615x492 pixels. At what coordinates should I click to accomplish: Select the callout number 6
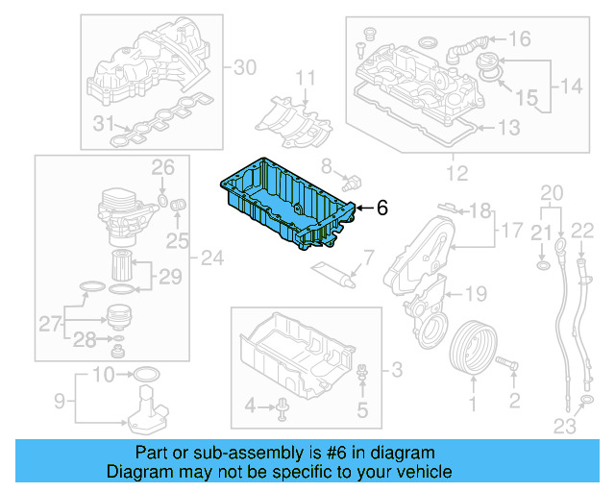(381, 207)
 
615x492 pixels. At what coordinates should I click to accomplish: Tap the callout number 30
(246, 67)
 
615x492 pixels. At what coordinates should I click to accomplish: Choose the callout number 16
(519, 39)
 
